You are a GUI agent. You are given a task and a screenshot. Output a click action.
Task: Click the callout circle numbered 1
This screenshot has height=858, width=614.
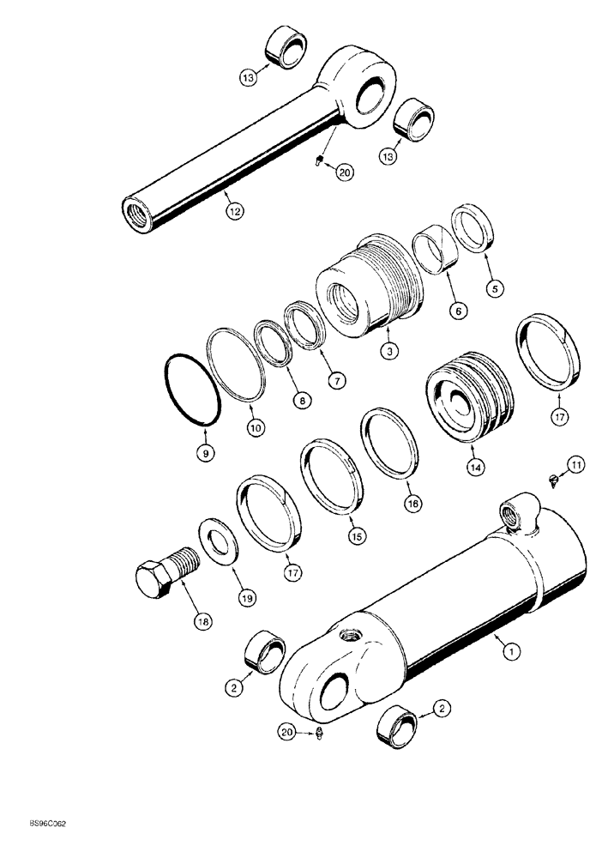click(511, 654)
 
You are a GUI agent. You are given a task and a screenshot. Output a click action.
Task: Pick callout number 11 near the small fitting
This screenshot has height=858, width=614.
click(576, 466)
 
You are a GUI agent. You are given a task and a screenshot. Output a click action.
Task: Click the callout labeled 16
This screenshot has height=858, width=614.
click(412, 505)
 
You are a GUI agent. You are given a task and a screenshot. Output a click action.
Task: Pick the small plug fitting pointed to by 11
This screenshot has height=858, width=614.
click(552, 479)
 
